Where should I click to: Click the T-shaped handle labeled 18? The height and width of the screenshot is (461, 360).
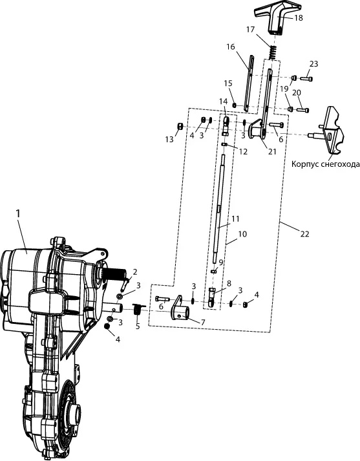pyautogui.click(x=276, y=19)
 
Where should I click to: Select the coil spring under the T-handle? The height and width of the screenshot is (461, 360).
pyautogui.click(x=273, y=52)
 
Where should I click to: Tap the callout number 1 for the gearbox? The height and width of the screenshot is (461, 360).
pyautogui.click(x=19, y=214)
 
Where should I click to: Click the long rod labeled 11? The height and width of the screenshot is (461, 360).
pyautogui.click(x=220, y=208)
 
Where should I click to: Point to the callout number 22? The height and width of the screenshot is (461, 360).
pyautogui.click(x=305, y=234)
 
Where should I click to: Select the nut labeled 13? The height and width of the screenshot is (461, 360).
pyautogui.click(x=180, y=127)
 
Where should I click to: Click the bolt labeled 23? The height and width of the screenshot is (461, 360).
pyautogui.click(x=306, y=78)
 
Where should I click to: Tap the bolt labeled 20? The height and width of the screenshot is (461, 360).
pyautogui.click(x=303, y=110)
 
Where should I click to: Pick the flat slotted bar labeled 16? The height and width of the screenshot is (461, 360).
pyautogui.click(x=249, y=83)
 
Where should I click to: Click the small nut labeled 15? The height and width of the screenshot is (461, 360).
pyautogui.click(x=235, y=105)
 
